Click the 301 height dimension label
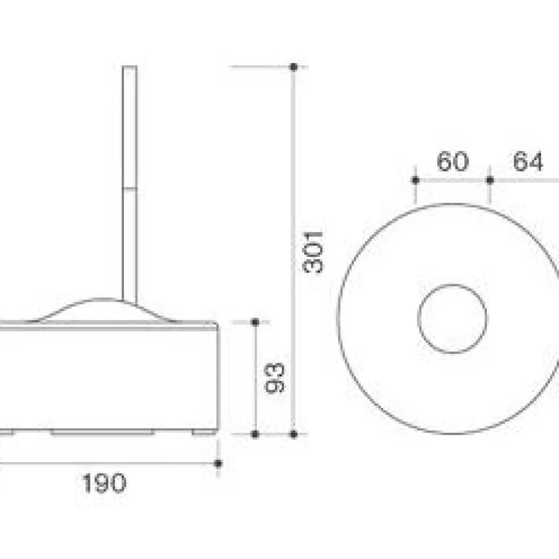pyautogui.click(x=313, y=252)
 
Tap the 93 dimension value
pyautogui.click(x=274, y=378)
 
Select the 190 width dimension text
pyautogui.click(x=104, y=484)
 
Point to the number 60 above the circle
pyautogui.click(x=452, y=161)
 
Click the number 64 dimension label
pyautogui.click(x=528, y=161)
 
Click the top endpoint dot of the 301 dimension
pyautogui.click(x=294, y=67)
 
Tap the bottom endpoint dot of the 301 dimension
pyautogui.click(x=294, y=434)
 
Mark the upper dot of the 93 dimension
pyautogui.click(x=255, y=322)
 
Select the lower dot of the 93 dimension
pyautogui.click(x=255, y=434)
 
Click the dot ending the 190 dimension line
pyautogui.click(x=218, y=463)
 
